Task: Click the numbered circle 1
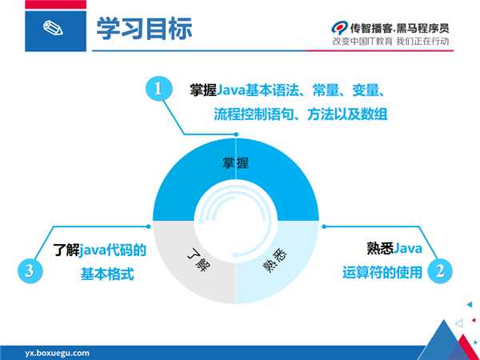coord(158,89)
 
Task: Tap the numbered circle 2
coord(439,271)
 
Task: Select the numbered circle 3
coord(30,271)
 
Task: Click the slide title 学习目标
coord(144,29)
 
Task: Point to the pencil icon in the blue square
coord(53,28)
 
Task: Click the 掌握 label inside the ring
coord(235,163)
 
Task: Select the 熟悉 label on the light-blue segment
coord(274,260)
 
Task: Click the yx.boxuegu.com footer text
coord(58,353)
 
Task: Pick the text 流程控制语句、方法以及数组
coord(301,114)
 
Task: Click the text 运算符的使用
coord(382,272)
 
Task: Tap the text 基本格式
coord(107,274)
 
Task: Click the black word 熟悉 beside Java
coord(380,248)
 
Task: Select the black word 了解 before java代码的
coord(66,250)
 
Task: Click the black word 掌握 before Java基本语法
coord(203,90)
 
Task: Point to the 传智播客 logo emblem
coord(339,27)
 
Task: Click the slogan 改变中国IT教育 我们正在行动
coord(390,42)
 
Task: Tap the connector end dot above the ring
coord(236,134)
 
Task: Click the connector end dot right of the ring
coord(324,226)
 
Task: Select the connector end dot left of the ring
coord(149,226)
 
